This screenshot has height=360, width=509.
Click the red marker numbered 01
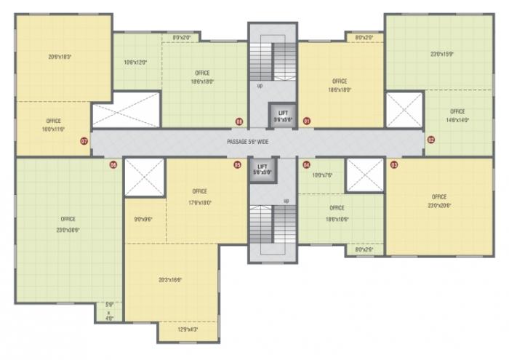[x=307, y=121]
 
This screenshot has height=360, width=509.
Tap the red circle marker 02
[x=430, y=140]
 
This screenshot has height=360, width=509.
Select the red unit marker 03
[x=394, y=165]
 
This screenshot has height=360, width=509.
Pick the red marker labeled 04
[x=307, y=165]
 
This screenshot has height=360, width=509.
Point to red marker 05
[x=237, y=165]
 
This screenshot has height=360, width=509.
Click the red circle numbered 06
[x=113, y=165]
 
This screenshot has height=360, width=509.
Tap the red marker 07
[x=84, y=141]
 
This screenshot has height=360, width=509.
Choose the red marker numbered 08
[x=239, y=121]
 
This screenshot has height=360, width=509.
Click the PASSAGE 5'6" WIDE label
[x=248, y=142]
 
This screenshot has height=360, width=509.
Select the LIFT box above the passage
[x=284, y=116]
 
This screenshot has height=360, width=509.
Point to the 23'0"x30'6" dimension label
[x=68, y=229]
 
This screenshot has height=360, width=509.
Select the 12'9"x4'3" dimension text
[x=188, y=330]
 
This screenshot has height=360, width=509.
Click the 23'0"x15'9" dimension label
[x=441, y=53]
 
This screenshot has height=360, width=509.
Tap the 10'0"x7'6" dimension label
[x=321, y=175]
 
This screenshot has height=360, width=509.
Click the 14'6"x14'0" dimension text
[x=457, y=120]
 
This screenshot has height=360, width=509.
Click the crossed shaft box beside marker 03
[x=364, y=175]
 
